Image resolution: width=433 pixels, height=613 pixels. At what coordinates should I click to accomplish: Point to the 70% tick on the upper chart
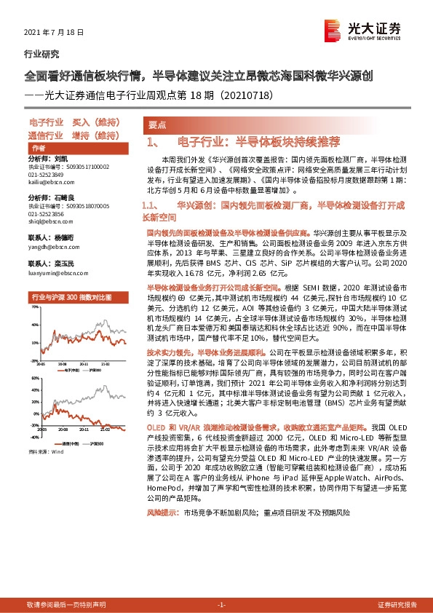34,307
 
